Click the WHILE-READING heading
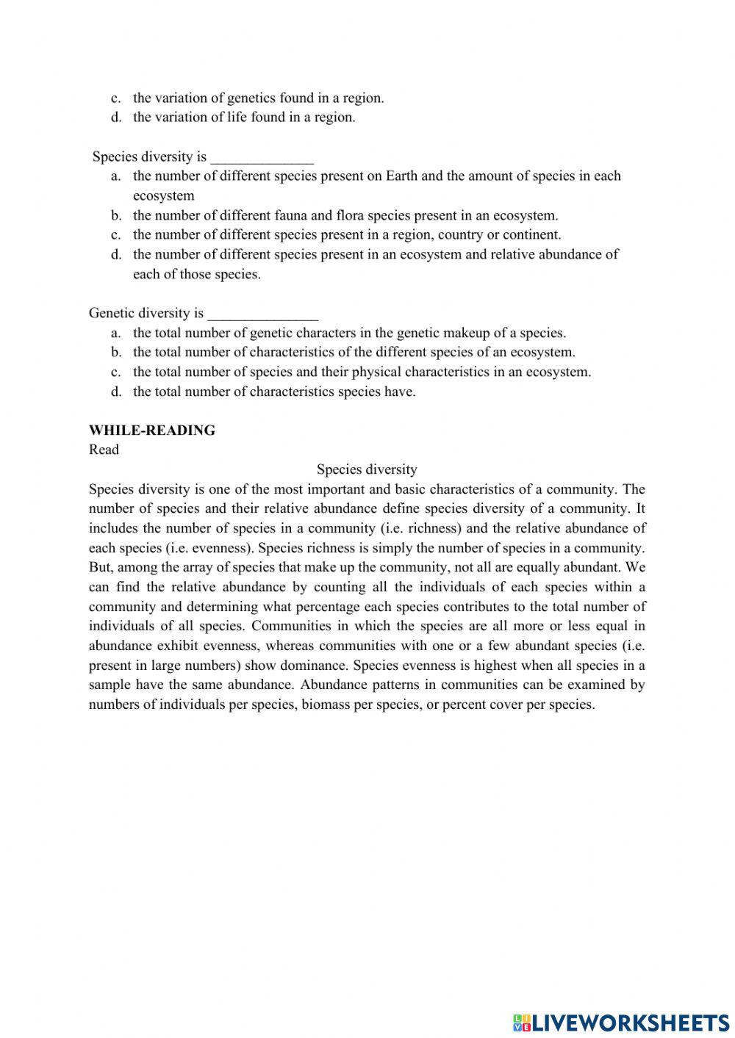pos(151,430)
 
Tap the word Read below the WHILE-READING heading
pos(104,450)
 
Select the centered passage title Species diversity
pos(367,469)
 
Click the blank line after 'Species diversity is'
pos(262,157)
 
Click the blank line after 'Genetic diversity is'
pos(262,314)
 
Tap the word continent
pos(531,235)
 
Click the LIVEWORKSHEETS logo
pos(621,1022)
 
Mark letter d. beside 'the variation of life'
pos(116,118)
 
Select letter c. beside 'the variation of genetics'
pos(116,98)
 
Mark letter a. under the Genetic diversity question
pos(116,333)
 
